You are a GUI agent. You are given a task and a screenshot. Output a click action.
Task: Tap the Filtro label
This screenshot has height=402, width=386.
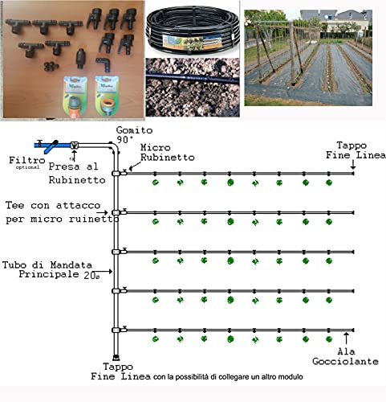[21, 160]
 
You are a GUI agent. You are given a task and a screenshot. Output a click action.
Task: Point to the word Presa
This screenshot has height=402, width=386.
[62, 167]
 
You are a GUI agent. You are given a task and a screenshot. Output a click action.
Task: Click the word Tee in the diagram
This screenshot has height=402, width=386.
[16, 205]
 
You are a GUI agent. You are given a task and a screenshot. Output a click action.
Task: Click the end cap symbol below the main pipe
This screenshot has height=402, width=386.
[118, 357]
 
